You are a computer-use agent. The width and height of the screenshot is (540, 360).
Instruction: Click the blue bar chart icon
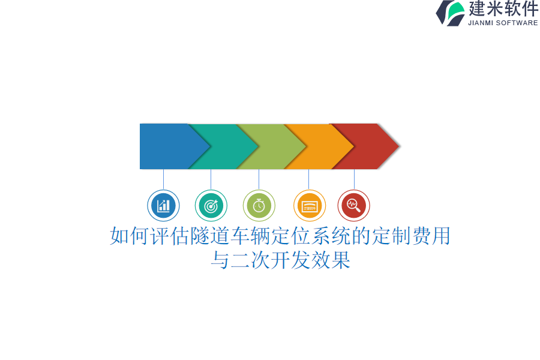pyautogui.click(x=163, y=206)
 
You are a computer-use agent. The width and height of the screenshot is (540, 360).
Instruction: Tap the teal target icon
pyautogui.click(x=211, y=206)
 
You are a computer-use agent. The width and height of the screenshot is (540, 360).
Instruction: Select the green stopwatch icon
pyautogui.click(x=259, y=206)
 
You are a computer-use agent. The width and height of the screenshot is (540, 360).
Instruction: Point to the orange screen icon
pyautogui.click(x=310, y=206)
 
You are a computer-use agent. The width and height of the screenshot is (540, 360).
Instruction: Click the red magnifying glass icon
pyautogui.click(x=354, y=206)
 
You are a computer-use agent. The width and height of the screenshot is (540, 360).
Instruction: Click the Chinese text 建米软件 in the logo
pyautogui.click(x=503, y=9)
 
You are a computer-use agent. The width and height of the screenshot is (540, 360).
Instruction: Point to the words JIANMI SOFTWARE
pyautogui.click(x=503, y=23)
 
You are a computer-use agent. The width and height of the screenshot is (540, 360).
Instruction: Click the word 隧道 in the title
pyautogui.click(x=210, y=236)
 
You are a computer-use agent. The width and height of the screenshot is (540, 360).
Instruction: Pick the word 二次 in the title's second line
pyautogui.click(x=250, y=260)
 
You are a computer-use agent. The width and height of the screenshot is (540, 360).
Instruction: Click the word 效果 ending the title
pyautogui.click(x=331, y=260)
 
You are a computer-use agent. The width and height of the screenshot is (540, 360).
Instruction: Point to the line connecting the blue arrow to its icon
pyautogui.click(x=163, y=179)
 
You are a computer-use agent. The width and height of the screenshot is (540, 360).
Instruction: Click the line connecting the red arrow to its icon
pyautogui.click(x=354, y=179)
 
